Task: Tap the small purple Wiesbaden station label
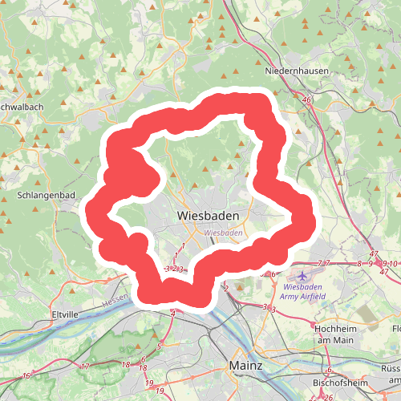coord(223,233)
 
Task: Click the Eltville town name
coord(66,313)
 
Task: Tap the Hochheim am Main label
coord(336,335)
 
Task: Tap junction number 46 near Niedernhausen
coord(307,99)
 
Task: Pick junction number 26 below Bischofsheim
coord(328,398)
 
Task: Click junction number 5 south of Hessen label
coord(159,346)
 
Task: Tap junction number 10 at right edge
coord(394,263)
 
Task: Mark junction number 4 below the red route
coord(172,314)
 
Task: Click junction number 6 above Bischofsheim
coord(330,370)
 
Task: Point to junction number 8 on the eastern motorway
coord(358,263)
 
